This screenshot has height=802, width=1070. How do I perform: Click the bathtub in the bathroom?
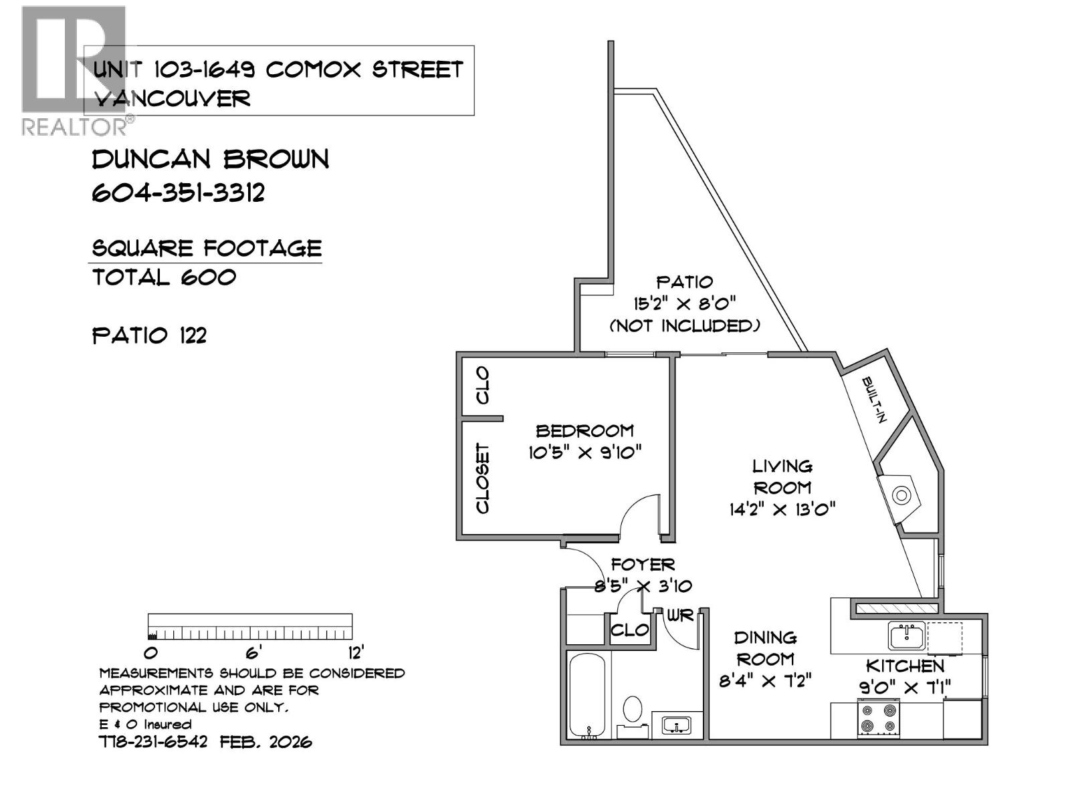587,695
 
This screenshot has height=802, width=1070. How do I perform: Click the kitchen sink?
907,635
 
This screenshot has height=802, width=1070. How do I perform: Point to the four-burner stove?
879,718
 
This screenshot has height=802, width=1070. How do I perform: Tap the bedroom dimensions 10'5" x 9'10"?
585,452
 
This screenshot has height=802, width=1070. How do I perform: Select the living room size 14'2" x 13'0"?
782,510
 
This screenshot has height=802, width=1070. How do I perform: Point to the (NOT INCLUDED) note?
685,326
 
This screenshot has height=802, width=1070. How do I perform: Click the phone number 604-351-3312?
179,193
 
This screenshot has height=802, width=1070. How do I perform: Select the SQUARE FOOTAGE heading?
207,249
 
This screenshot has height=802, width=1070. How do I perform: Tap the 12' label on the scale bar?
354,652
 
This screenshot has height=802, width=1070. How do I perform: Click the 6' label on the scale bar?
253,652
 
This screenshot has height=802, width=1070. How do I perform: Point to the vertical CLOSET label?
482,479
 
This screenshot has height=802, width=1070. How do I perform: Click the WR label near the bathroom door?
680,616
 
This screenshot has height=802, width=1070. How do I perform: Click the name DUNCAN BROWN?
211,159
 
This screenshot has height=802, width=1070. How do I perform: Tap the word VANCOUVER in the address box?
173,99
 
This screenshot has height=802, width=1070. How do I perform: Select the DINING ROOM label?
766,648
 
